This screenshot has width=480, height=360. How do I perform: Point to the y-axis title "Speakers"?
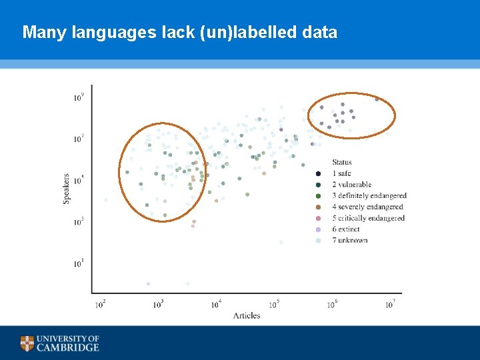[67, 189]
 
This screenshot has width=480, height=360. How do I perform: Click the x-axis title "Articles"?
[247, 315]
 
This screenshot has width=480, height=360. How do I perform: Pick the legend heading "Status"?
[342, 162]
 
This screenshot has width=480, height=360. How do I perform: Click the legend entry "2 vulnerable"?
[351, 185]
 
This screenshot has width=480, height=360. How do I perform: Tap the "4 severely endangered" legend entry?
[367, 207]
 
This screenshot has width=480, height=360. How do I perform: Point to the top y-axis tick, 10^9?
[79, 97]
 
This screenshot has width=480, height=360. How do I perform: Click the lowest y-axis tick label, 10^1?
[79, 264]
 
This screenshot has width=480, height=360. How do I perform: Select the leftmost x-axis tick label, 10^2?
[101, 305]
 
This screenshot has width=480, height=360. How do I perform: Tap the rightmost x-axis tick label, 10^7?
[391, 305]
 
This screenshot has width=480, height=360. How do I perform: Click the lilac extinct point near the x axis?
[148, 284]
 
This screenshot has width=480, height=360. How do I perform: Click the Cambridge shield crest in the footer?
[27, 343]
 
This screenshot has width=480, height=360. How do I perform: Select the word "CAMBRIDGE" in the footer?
[67, 347]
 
